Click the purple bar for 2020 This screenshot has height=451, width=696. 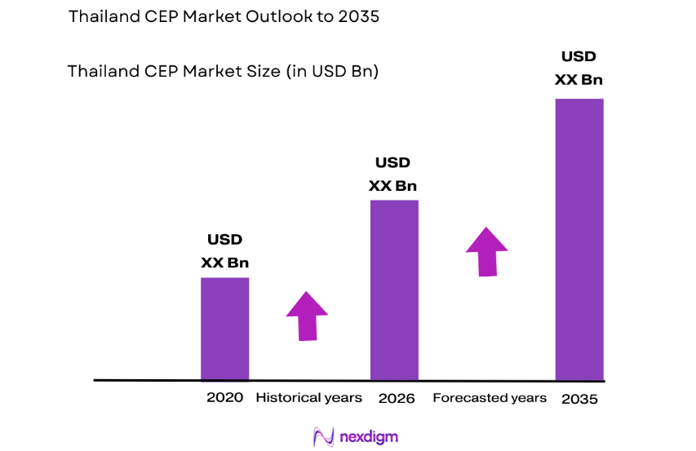pos(225,329)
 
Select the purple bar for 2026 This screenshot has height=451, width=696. pos(394,290)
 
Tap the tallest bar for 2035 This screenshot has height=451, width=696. pos(579,239)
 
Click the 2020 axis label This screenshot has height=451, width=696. pos(224,398)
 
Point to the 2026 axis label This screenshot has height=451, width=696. pos(397,398)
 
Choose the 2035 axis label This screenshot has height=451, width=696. pos(579,399)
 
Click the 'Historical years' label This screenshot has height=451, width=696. pos(308,398)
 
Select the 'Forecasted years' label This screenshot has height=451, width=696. pos(490,398)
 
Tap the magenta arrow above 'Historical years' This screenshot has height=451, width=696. pos(307,316)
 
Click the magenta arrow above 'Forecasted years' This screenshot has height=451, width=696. pos(487,251)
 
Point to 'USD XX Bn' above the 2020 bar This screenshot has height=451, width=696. pos(225,251)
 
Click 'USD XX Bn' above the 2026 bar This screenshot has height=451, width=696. pos(393,174)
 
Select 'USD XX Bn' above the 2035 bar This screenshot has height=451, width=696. pos(579,68)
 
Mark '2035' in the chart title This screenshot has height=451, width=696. pos(360,17)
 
